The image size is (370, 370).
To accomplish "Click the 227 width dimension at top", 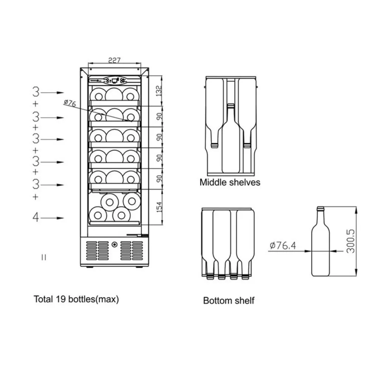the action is [x=114, y=60].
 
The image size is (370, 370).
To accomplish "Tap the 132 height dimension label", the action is [x=159, y=91].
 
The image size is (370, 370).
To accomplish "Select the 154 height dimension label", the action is [x=160, y=207].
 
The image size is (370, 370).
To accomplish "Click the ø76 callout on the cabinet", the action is [x=70, y=103].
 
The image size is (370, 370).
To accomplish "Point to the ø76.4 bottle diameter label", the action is [x=283, y=246].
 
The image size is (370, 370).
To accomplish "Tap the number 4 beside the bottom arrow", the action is [x=36, y=217].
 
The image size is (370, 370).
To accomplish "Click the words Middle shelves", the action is [x=230, y=182].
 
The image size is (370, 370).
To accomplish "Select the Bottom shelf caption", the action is [x=229, y=300].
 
